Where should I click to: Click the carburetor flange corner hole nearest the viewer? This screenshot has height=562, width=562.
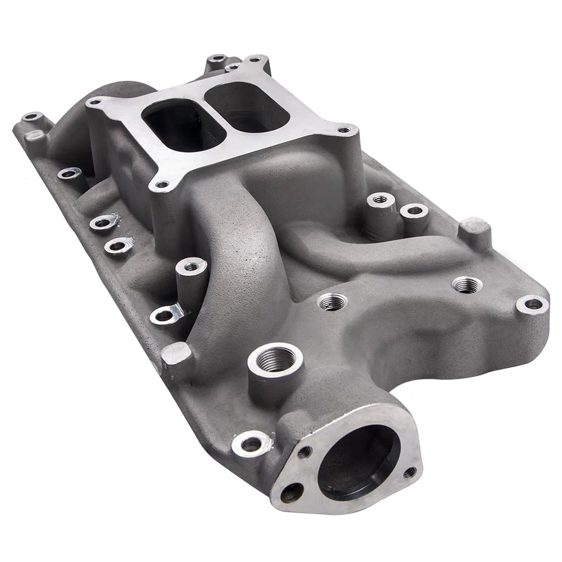click(x=162, y=184)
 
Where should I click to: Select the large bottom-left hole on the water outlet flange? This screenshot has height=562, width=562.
click(x=290, y=493)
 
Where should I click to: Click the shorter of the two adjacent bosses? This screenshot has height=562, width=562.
click(x=414, y=211)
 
